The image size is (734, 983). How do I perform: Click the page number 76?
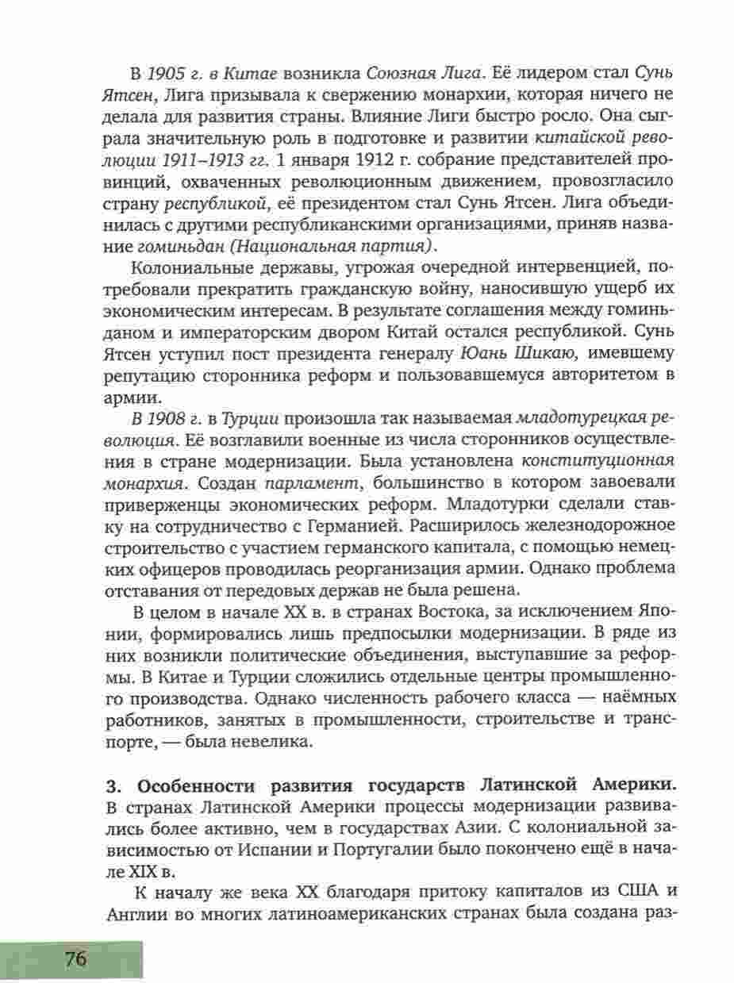(x=76, y=958)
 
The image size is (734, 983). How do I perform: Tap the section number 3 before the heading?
(x=112, y=787)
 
